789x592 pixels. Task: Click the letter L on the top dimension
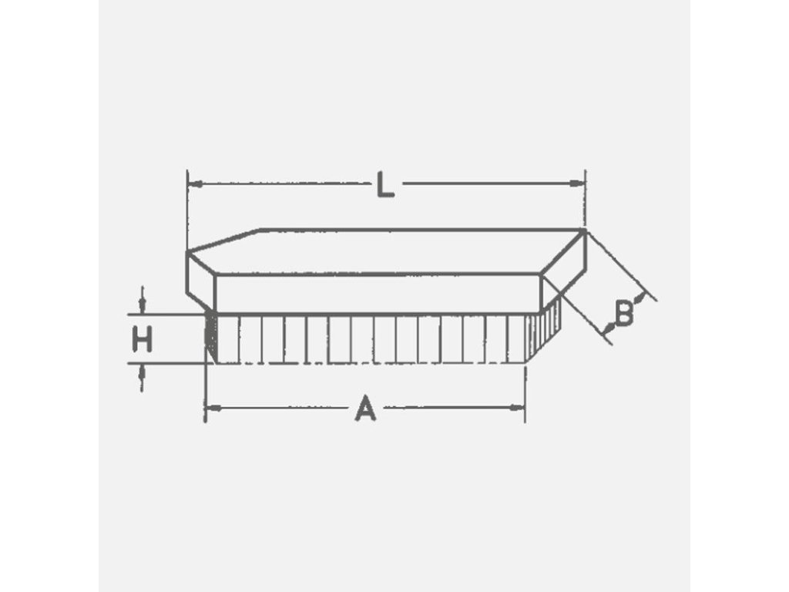tap(385, 185)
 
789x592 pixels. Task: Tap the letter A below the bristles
tap(365, 408)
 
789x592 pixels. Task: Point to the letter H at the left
tap(142, 339)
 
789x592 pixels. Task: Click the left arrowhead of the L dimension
tap(195, 184)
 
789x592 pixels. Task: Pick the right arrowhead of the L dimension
tap(578, 184)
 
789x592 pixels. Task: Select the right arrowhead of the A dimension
tap(517, 407)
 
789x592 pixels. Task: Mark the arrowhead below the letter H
tap(142, 372)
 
